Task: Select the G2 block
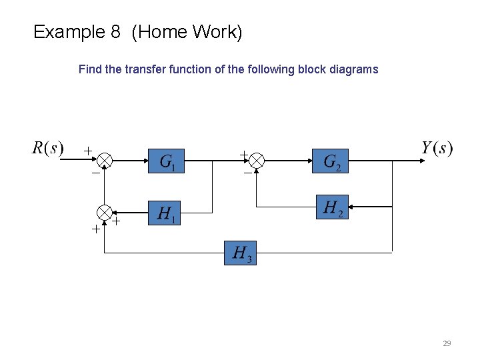click(331, 161)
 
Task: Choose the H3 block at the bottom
click(240, 253)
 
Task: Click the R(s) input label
click(48, 147)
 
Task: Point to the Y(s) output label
click(437, 147)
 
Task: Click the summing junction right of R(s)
click(105, 161)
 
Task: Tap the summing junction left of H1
click(105, 213)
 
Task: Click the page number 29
click(447, 343)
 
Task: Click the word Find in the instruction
click(90, 69)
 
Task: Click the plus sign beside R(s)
click(87, 151)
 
